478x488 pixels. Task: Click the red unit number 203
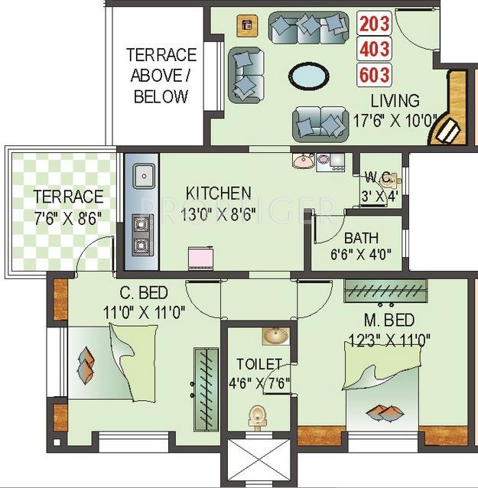coord(376,24)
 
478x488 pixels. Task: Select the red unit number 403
coord(376,50)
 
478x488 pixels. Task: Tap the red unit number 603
coord(376,75)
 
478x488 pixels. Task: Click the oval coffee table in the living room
coord(311,77)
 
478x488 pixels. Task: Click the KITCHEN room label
coord(218,193)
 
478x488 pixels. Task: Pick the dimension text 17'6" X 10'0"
coord(395,120)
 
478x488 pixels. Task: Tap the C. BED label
coord(143,294)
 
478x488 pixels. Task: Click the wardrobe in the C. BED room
coord(204,380)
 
